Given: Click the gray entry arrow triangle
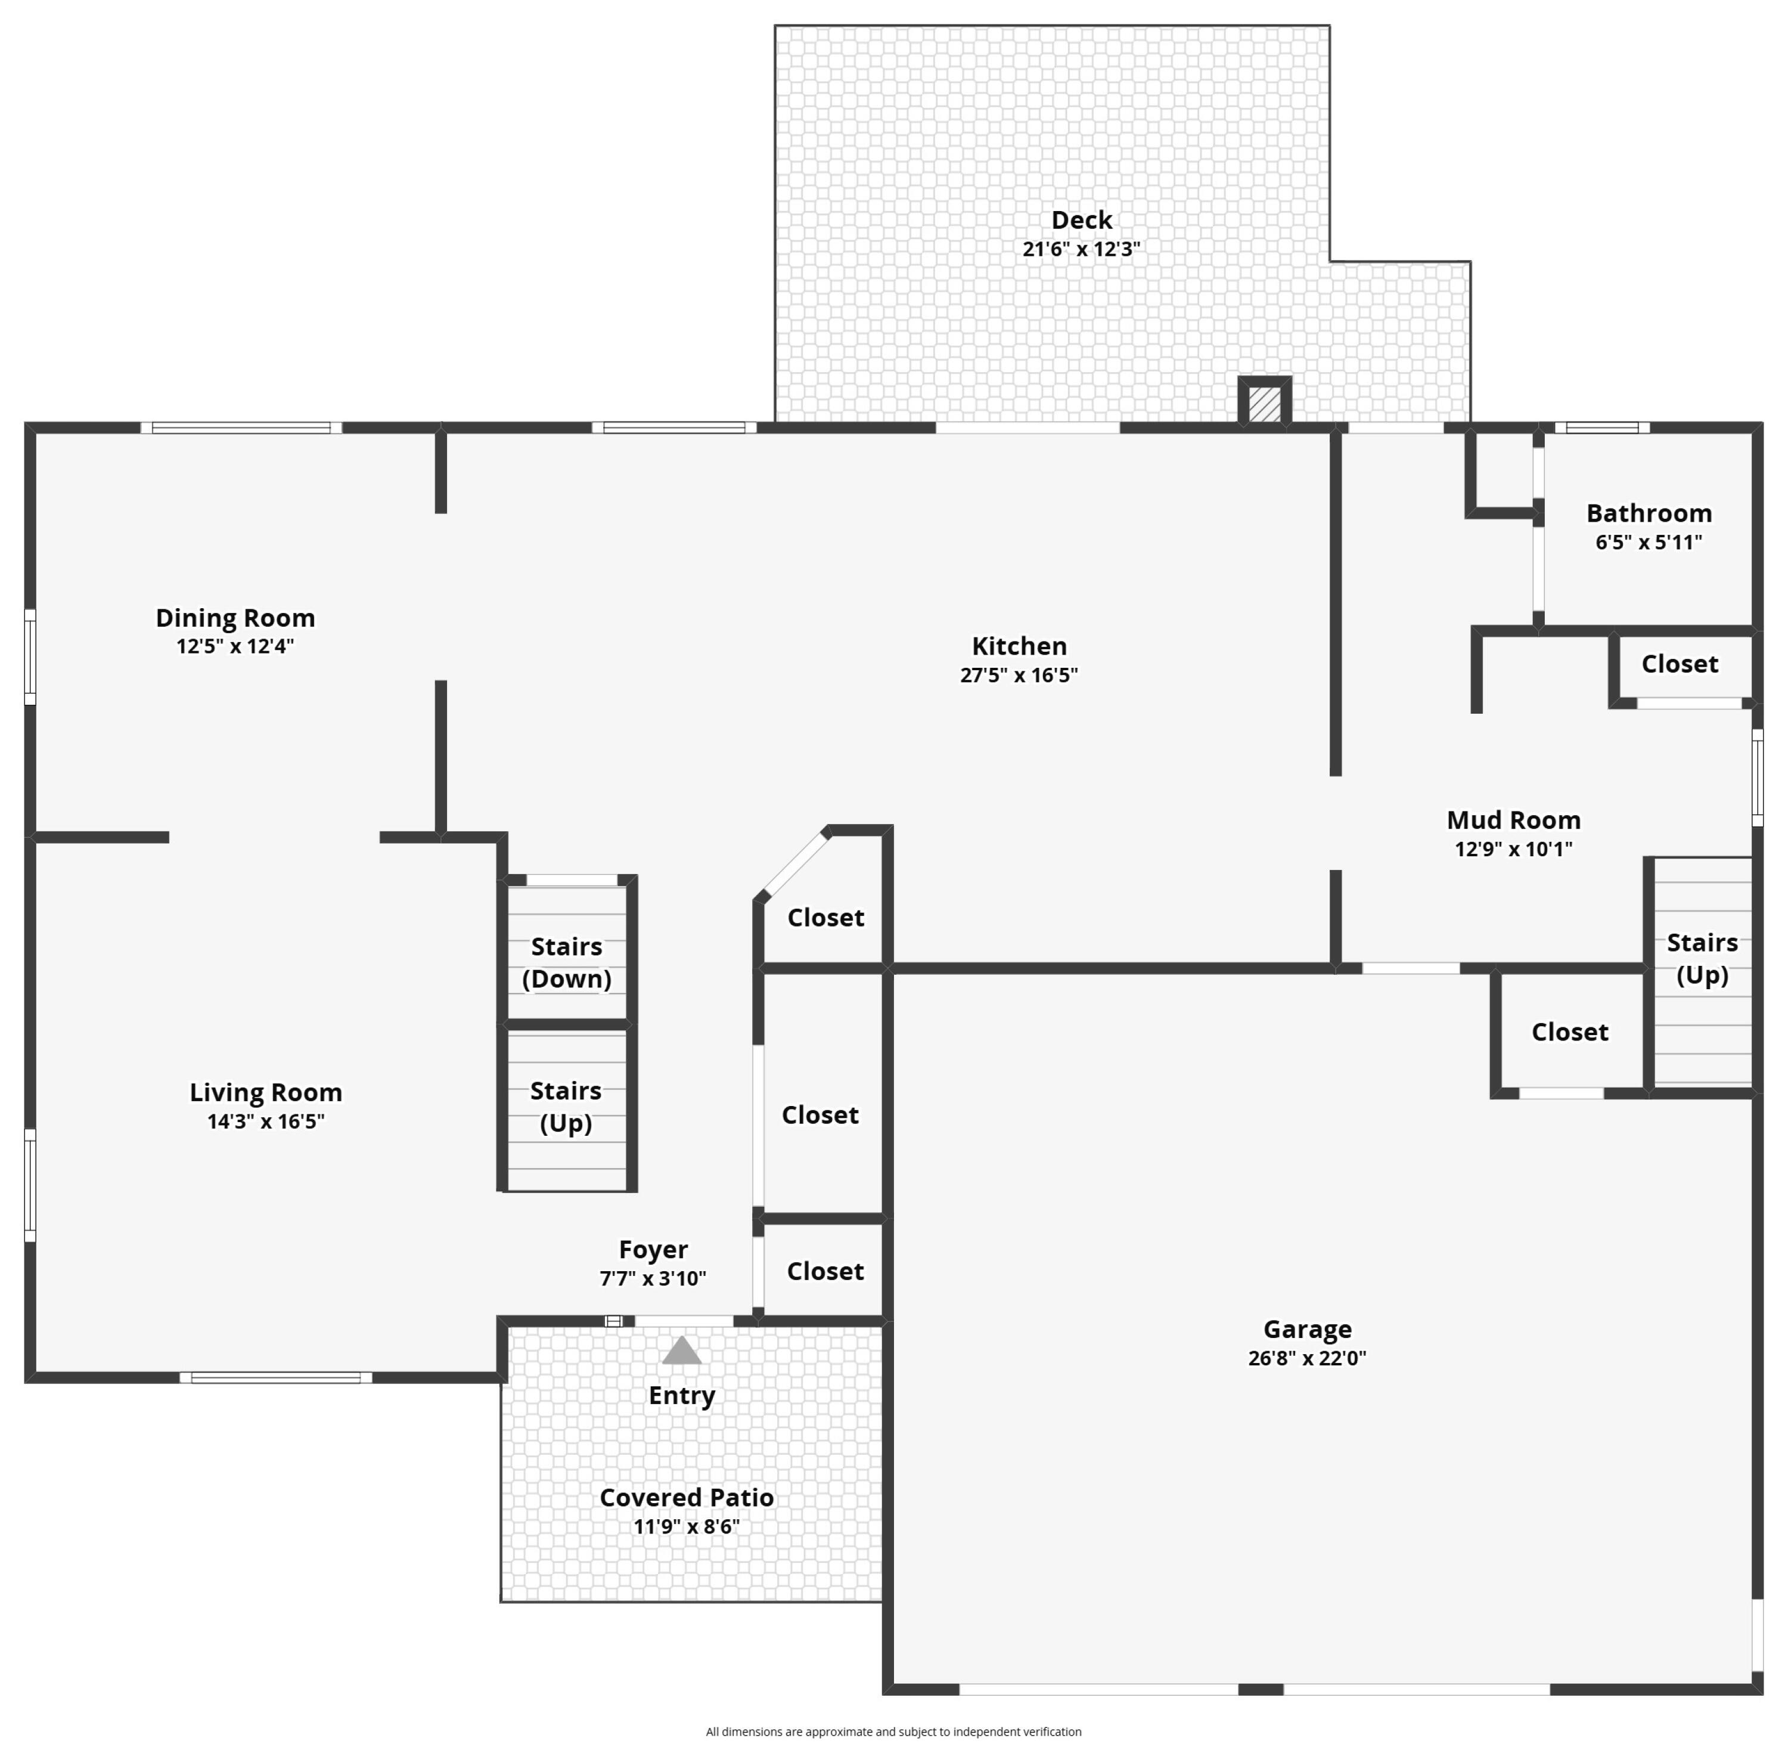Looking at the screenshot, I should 681,1351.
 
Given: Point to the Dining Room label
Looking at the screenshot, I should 235,618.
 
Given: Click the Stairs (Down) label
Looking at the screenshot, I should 567,963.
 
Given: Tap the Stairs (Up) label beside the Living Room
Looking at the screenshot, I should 566,1107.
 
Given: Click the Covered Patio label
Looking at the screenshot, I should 687,1498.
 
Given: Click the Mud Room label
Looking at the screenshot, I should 1513,820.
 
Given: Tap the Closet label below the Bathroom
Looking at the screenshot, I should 1679,664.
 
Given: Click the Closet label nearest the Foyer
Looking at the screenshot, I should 825,1271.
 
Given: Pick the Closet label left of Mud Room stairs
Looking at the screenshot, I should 1569,1032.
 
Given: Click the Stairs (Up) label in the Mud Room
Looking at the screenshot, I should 1702,958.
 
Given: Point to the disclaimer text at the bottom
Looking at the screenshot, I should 893,1731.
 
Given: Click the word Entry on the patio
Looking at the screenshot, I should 682,1396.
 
